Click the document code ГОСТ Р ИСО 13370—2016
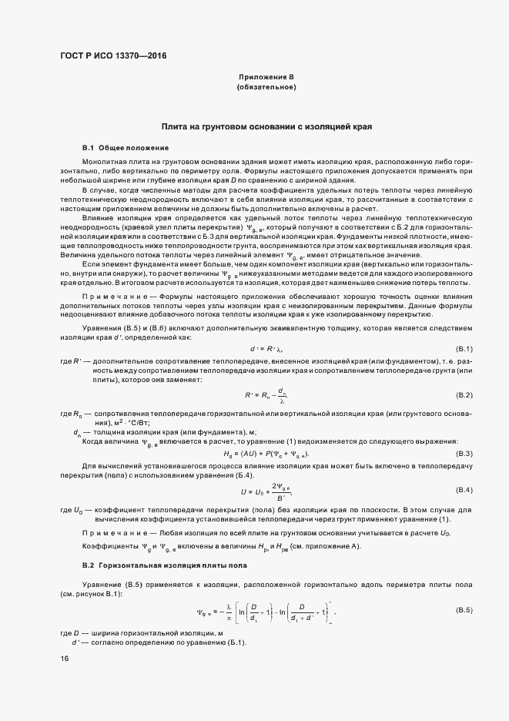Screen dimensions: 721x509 coord(113,56)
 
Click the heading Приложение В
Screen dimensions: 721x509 coord(266,79)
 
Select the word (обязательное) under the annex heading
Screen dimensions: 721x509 coord(266,89)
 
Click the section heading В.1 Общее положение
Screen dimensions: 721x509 coord(115,147)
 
